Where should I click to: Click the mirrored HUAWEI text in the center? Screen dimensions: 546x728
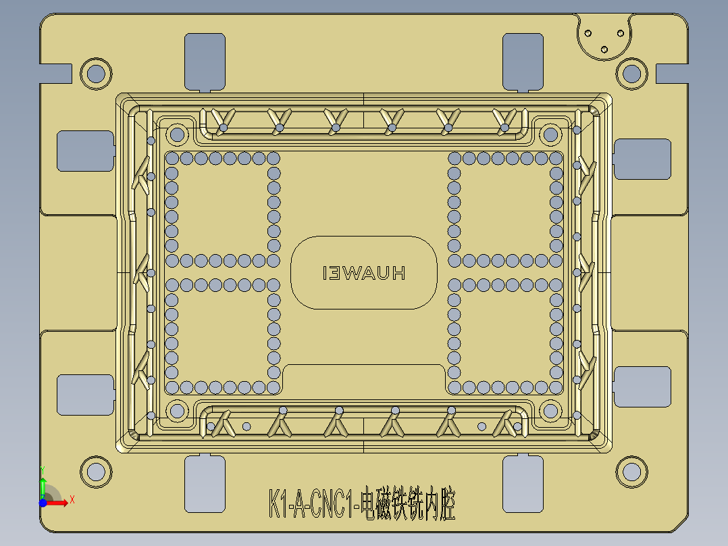pyautogui.click(x=364, y=273)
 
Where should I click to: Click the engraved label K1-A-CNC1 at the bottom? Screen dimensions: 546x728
pyautogui.click(x=361, y=505)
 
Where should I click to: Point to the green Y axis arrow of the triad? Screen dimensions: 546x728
pyautogui.click(x=43, y=481)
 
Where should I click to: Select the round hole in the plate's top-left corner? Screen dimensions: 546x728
pyautogui.click(x=95, y=73)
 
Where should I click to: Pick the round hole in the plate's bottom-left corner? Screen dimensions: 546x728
pyautogui.click(x=95, y=471)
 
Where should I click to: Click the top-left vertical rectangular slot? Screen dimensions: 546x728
pyautogui.click(x=205, y=61)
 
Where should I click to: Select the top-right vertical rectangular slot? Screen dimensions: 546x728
pyautogui.click(x=523, y=61)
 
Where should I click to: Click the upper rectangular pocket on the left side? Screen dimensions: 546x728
pyautogui.click(x=84, y=151)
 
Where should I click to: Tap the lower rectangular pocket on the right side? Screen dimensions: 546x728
pyautogui.click(x=642, y=387)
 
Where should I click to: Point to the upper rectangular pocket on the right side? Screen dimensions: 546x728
pyautogui.click(x=642, y=159)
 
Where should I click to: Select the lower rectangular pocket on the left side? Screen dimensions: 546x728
pyautogui.click(x=84, y=395)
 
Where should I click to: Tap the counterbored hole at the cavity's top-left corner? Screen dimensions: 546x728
pyautogui.click(x=178, y=134)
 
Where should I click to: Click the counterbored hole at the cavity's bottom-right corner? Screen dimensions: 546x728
pyautogui.click(x=550, y=410)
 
